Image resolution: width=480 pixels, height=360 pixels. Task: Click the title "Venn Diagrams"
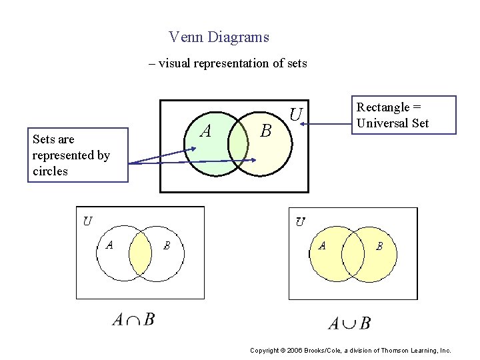pyautogui.click(x=219, y=37)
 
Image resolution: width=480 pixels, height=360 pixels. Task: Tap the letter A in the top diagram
pyautogui.click(x=206, y=131)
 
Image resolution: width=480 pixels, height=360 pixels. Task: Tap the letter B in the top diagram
pyautogui.click(x=265, y=131)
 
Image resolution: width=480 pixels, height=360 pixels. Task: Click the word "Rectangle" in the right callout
pyautogui.click(x=383, y=107)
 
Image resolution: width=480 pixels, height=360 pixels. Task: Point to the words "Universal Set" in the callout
pyautogui.click(x=393, y=123)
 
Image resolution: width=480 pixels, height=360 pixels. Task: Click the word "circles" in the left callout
pyautogui.click(x=50, y=171)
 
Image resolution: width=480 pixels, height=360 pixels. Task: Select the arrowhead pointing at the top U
pyautogui.click(x=294, y=123)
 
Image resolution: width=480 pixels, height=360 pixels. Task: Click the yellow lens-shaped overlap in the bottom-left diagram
pyautogui.click(x=141, y=252)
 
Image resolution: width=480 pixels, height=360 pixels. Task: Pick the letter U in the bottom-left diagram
pyautogui.click(x=88, y=220)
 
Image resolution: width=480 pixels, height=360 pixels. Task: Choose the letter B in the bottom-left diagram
pyautogui.click(x=167, y=245)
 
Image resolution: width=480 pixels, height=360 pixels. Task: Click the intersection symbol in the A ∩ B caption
pyautogui.click(x=133, y=321)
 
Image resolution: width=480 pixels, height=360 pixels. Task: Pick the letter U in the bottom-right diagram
pyautogui.click(x=301, y=221)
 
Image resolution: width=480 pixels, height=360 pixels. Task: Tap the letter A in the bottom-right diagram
pyautogui.click(x=322, y=245)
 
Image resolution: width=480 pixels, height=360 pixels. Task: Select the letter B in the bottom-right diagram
pyautogui.click(x=379, y=246)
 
